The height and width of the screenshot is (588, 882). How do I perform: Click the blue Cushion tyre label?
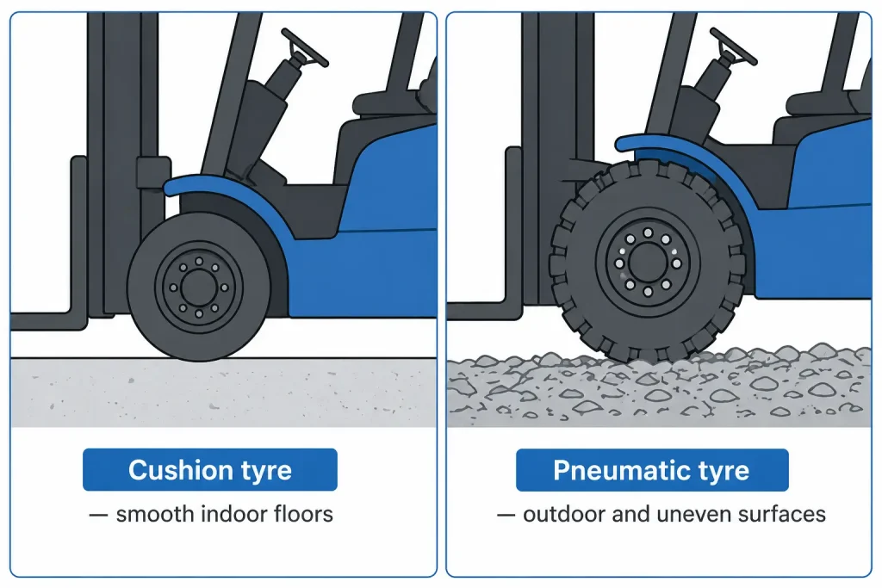210,470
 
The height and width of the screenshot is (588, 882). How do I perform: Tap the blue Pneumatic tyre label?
651,470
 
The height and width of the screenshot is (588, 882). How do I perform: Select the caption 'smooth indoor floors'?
224,515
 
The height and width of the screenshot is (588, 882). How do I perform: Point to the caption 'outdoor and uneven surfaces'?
674,515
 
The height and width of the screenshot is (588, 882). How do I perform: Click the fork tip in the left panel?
26,322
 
